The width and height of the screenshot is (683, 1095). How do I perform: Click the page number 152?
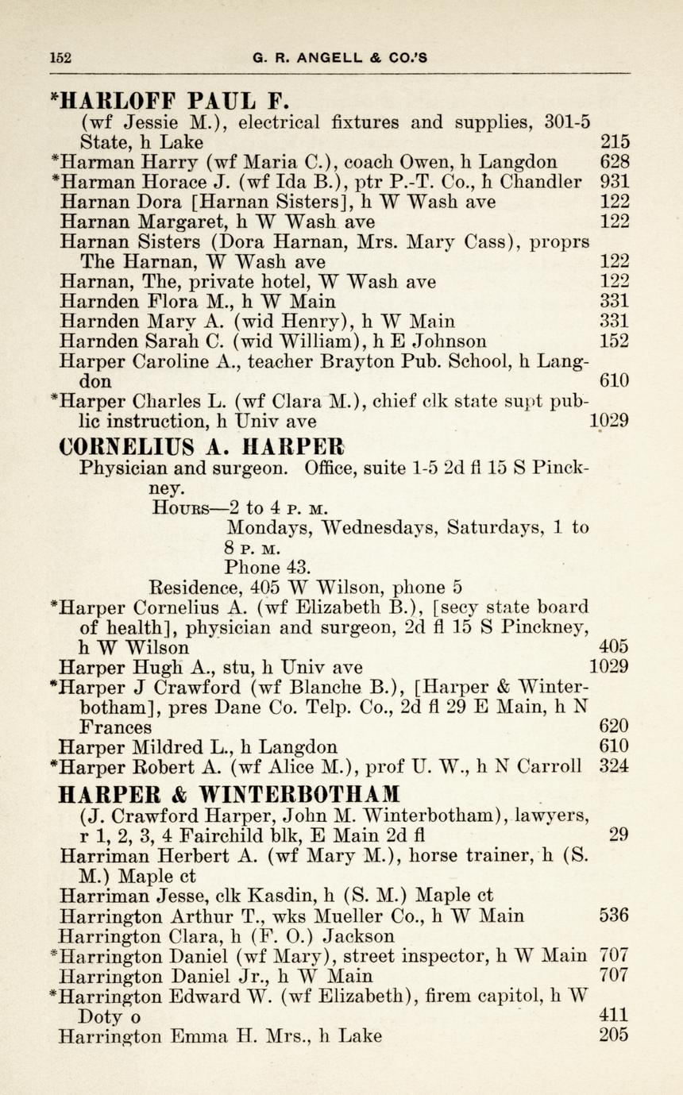(60, 57)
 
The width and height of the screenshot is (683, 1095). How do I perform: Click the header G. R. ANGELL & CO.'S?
(340, 57)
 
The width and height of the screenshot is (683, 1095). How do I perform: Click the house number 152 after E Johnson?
(615, 341)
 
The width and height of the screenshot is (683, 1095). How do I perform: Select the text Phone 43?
(264, 568)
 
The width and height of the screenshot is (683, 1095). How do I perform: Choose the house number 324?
(615, 767)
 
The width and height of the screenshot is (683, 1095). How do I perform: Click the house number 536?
(615, 916)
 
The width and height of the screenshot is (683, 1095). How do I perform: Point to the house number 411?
(615, 1015)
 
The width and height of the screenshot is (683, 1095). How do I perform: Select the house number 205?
(615, 1035)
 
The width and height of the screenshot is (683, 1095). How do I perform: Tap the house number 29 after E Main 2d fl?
(619, 835)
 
